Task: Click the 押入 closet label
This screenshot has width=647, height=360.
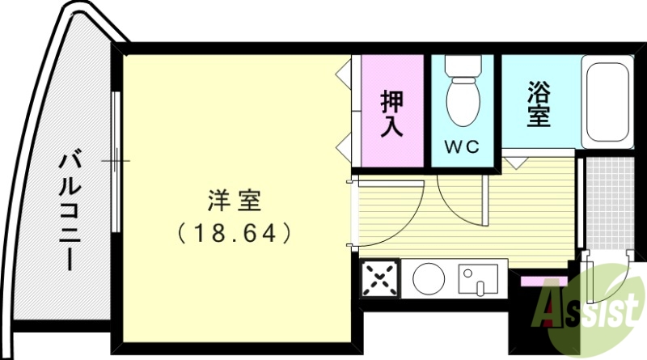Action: (392, 115)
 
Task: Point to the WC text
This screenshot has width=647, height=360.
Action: (462, 147)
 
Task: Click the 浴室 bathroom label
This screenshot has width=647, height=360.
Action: (539, 103)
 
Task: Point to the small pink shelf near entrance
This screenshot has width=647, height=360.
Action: (534, 280)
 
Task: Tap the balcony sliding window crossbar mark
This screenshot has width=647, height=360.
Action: (116, 159)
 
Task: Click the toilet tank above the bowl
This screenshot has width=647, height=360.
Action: (463, 66)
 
